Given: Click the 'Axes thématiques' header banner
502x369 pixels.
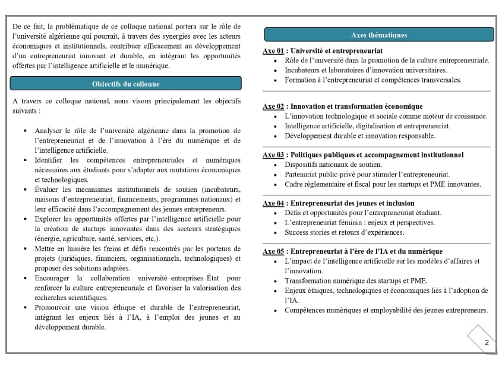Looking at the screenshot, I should tap(379, 34).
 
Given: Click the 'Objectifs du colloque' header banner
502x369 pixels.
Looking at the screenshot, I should tap(126, 84).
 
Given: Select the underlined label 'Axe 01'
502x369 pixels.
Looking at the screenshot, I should tap(273, 51).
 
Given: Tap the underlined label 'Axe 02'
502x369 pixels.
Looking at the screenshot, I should tap(273, 106).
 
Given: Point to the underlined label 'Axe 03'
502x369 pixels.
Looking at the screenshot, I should tap(273, 155).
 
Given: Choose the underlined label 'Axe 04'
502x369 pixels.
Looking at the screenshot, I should tap(273, 203).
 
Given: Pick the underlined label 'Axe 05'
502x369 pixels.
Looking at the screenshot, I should tap(273, 251).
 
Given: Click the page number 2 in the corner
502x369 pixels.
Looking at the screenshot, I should tap(487, 342).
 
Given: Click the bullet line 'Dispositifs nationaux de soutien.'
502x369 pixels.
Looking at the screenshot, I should tap(333, 165).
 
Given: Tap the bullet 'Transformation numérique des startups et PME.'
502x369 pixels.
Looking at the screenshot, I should tap(355, 281).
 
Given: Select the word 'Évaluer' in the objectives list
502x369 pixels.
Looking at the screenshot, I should tap(47, 190).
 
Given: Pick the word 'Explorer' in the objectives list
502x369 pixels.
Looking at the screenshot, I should tap(49, 219).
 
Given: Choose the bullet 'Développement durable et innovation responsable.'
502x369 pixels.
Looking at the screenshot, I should tap(359, 135).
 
